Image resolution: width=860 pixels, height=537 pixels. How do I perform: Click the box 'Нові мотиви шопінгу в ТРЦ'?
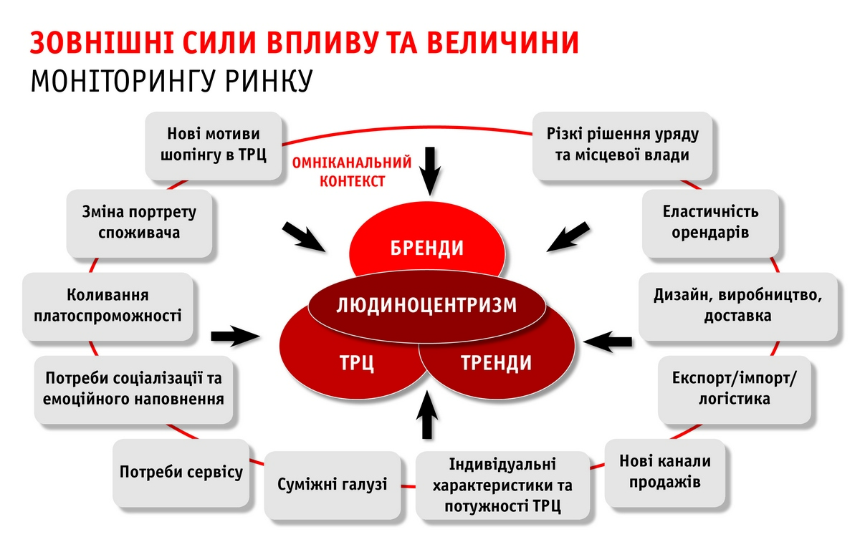(214, 145)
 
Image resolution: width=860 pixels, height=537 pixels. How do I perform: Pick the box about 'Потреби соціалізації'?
(134, 388)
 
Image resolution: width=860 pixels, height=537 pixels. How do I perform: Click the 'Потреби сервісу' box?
(181, 472)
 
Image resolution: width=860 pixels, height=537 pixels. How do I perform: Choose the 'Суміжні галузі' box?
(332, 485)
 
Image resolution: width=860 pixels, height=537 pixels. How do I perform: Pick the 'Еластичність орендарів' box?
(709, 223)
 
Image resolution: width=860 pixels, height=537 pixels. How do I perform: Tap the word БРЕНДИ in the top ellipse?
(427, 248)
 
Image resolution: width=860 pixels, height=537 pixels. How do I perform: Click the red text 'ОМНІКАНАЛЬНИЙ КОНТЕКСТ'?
(351, 171)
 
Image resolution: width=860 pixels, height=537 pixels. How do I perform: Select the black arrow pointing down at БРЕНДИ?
(431, 170)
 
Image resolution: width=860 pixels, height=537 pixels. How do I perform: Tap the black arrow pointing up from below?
(428, 416)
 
